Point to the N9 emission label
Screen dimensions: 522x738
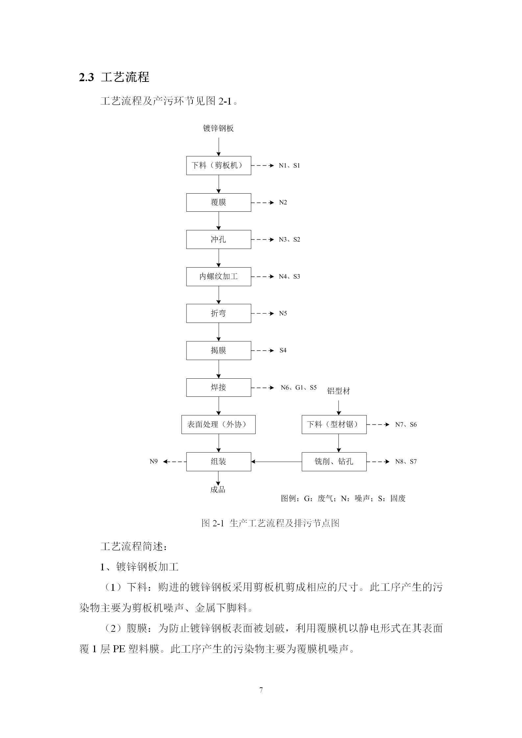pyautogui.click(x=154, y=461)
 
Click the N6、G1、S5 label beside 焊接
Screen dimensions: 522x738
pyautogui.click(x=299, y=388)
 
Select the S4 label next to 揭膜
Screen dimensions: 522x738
pyautogui.click(x=283, y=350)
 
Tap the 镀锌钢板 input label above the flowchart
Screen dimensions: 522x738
pyautogui.click(x=218, y=128)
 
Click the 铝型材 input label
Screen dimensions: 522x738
pyautogui.click(x=338, y=391)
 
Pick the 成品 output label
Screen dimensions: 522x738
pyautogui.click(x=218, y=489)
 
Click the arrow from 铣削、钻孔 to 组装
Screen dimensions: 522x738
pyautogui.click(x=276, y=462)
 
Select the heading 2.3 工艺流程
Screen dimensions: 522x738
pyautogui.click(x=114, y=77)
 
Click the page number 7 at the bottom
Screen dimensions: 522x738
pyautogui.click(x=261, y=690)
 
